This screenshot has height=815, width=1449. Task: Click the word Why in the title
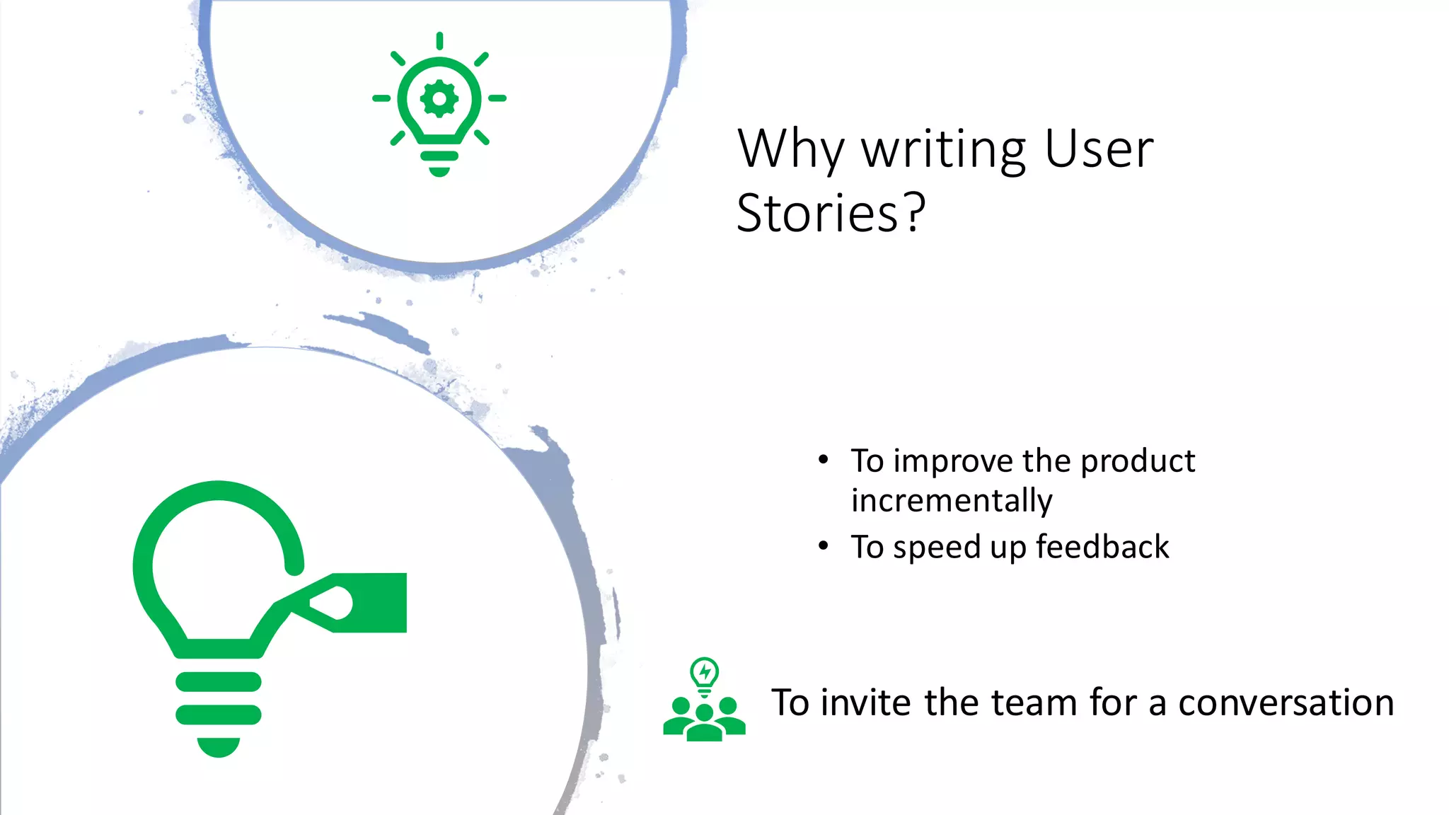pyautogui.click(x=791, y=150)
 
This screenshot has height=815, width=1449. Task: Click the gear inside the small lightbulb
pyautogui.click(x=439, y=98)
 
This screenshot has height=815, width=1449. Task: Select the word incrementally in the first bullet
pyautogui.click(x=952, y=501)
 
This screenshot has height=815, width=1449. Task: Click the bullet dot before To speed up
pyautogui.click(x=823, y=545)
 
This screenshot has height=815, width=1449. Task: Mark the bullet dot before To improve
pyautogui.click(x=823, y=460)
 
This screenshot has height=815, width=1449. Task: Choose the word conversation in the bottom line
pyautogui.click(x=1286, y=703)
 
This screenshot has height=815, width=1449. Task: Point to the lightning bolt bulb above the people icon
pyautogui.click(x=704, y=674)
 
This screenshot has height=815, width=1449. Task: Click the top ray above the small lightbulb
pyautogui.click(x=439, y=40)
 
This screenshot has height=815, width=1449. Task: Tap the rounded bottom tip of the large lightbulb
pyautogui.click(x=218, y=747)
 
